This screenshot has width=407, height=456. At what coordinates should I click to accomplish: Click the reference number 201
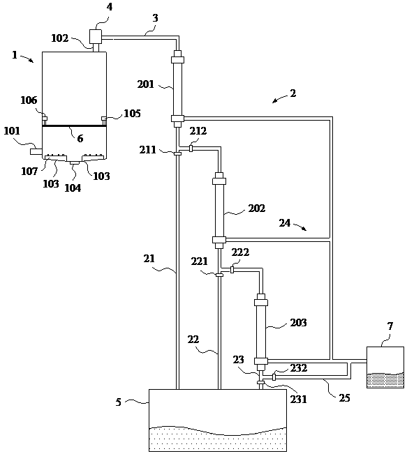[x=146, y=84]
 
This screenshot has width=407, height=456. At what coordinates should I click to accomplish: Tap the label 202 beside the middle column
[x=257, y=208]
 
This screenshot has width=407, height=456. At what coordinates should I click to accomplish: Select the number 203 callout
[x=298, y=323]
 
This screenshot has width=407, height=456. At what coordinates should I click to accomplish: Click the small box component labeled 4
[x=95, y=37]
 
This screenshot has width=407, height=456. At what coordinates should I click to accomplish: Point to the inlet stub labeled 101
[x=36, y=151]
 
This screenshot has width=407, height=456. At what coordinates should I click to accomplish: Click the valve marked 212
[x=191, y=149]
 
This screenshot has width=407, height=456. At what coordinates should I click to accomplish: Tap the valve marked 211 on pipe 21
[x=177, y=153]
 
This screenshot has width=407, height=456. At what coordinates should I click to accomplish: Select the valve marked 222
[x=232, y=270]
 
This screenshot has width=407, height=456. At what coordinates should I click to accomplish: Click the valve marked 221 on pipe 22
[x=219, y=275]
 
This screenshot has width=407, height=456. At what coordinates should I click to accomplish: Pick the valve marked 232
[x=274, y=377]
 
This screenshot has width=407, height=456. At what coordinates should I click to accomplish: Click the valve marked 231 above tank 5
[x=261, y=382]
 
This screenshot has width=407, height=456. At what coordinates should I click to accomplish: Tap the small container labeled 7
[x=385, y=367]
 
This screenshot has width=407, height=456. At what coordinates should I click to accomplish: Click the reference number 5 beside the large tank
[x=118, y=402]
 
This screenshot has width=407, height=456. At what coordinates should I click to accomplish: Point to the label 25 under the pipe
[x=344, y=398]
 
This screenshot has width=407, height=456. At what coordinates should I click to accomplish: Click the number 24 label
[x=285, y=222]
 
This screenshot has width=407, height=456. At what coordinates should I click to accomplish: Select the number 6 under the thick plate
[x=80, y=139]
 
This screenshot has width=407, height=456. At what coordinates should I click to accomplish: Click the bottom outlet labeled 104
[x=75, y=162]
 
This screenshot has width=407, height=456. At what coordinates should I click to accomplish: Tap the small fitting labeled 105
[x=104, y=119]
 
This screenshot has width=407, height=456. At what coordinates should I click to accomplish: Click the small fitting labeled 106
[x=45, y=119]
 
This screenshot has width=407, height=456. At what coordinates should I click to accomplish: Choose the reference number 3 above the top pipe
[x=156, y=18]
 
